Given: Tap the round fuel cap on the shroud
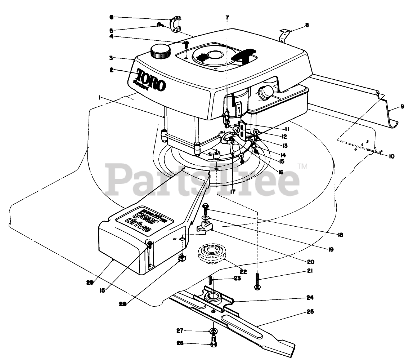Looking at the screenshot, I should tap(160, 51).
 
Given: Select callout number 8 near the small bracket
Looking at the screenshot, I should tap(306, 25).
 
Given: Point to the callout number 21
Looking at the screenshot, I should tap(310, 271).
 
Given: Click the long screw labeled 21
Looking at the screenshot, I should tap(257, 281).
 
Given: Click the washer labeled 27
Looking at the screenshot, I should tap(214, 330).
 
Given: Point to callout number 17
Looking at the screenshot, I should tap(233, 192).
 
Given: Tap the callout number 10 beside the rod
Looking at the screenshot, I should tap(391, 156).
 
